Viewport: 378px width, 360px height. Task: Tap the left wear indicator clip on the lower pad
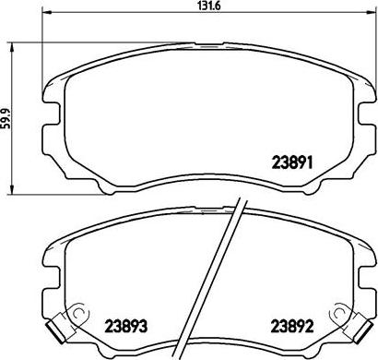coord(60,324)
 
